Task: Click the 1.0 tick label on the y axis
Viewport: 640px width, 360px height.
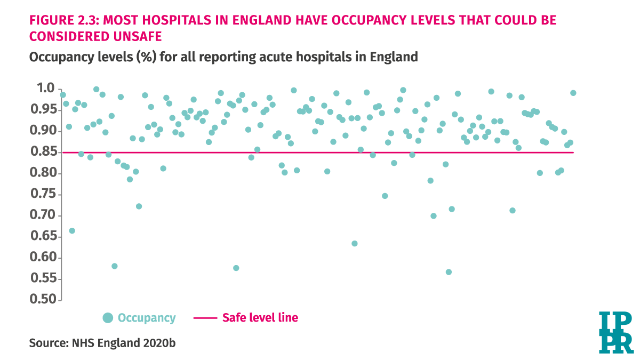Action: [44, 88]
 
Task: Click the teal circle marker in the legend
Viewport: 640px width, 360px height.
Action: [108, 318]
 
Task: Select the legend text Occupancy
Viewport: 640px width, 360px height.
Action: [146, 318]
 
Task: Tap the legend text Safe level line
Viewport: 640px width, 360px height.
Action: [260, 318]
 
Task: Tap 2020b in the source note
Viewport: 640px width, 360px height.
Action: [158, 343]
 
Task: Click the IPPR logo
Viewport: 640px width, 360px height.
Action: [615, 332]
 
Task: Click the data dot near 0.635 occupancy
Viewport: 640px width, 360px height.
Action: [354, 243]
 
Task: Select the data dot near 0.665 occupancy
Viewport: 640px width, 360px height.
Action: [72, 230]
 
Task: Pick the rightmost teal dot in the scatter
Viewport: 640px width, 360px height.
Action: [573, 93]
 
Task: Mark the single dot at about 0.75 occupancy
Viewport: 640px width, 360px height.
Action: [385, 196]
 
